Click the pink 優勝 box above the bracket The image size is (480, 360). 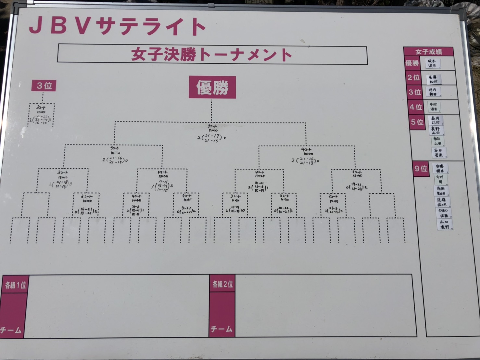[212, 87]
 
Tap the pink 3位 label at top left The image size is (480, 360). [44, 86]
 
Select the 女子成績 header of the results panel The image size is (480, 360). [428, 52]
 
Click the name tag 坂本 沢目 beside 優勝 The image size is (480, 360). [432, 63]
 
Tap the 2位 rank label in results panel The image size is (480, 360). [413, 78]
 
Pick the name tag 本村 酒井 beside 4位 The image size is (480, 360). [434, 107]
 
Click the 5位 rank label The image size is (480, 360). [417, 122]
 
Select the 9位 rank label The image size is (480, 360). [421, 169]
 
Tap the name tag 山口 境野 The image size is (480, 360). [444, 225]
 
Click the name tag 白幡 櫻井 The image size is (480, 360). [440, 168]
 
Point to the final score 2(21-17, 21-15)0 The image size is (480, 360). [211, 138]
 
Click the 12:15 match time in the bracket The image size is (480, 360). [333, 201]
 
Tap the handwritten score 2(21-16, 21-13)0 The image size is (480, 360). [305, 161]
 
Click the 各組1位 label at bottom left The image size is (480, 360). [15, 285]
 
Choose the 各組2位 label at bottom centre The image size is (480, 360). [222, 284]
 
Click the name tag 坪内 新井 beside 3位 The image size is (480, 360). [433, 92]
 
